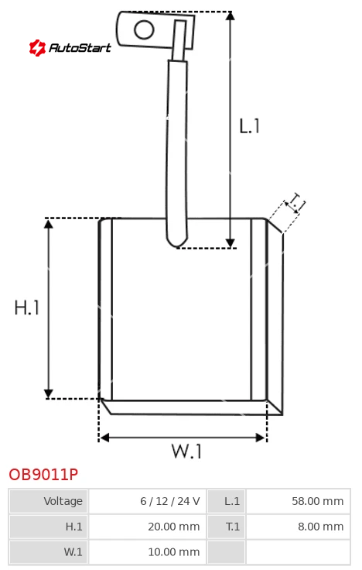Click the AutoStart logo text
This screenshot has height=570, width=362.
(80, 47)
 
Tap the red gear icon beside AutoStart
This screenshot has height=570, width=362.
(37, 47)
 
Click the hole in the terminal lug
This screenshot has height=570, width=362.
(144, 29)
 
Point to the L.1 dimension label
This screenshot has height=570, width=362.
(249, 126)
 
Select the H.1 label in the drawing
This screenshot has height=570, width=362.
(26, 307)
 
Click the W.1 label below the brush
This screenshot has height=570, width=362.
(186, 452)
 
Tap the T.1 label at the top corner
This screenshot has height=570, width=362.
(295, 202)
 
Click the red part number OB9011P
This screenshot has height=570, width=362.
(43, 475)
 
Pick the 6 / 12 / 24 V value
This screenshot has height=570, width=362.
(170, 501)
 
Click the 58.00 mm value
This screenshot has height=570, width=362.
(318, 501)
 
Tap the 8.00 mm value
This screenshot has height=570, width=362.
(320, 527)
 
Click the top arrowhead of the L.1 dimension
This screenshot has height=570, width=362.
(231, 15)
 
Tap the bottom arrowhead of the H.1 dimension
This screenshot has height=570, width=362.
(48, 394)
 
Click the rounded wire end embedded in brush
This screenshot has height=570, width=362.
(177, 241)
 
